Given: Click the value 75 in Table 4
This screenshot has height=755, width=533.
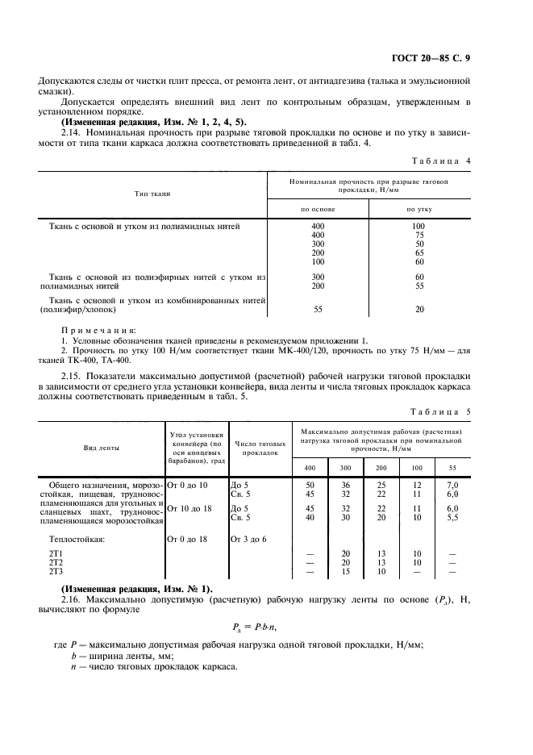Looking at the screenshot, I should click(418, 235).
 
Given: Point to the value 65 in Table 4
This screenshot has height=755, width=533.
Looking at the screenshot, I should click(418, 252).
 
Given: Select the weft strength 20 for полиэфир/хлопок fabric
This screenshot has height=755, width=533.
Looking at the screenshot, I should click(418, 309).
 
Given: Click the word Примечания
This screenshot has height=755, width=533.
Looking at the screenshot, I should click(98, 331).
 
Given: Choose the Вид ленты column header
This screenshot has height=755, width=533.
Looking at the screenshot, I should click(98, 448).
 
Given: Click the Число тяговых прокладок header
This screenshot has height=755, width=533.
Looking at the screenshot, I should click(260, 448).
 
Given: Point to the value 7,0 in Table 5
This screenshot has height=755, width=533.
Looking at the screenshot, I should click(452, 485).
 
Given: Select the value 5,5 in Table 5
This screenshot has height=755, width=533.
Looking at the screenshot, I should click(452, 517).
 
